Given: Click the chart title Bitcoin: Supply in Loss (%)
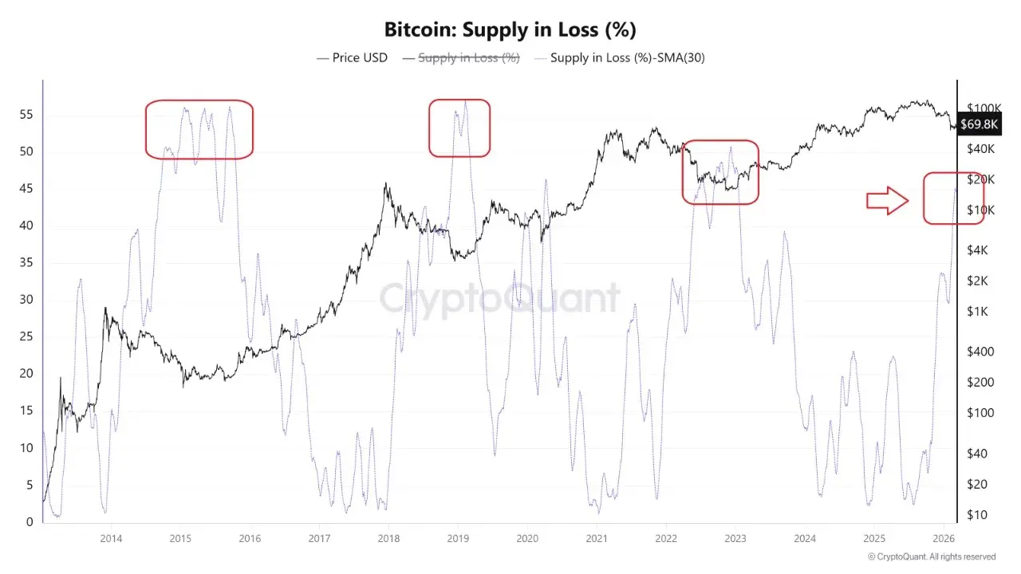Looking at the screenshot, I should (x=510, y=30).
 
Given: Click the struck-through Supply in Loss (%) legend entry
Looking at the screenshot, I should (x=461, y=57).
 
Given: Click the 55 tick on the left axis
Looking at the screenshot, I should (x=26, y=115).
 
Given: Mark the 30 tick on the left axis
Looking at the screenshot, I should (x=26, y=300).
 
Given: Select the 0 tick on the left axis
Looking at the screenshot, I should (x=30, y=522).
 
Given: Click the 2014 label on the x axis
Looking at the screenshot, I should (x=111, y=539).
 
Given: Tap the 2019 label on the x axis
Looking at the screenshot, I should (x=458, y=539).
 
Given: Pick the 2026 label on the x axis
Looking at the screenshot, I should (x=944, y=539).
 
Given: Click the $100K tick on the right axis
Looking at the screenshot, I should (x=983, y=108).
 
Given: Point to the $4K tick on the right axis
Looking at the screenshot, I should (x=977, y=250).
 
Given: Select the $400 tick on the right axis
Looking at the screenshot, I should (x=980, y=352).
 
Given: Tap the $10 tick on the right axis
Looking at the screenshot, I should (x=977, y=515).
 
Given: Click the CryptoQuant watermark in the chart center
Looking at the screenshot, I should (x=499, y=299).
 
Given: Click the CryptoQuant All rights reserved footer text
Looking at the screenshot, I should (x=931, y=556).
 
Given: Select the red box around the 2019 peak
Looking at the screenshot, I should (x=459, y=128).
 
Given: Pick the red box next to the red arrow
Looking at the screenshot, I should (x=952, y=198).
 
